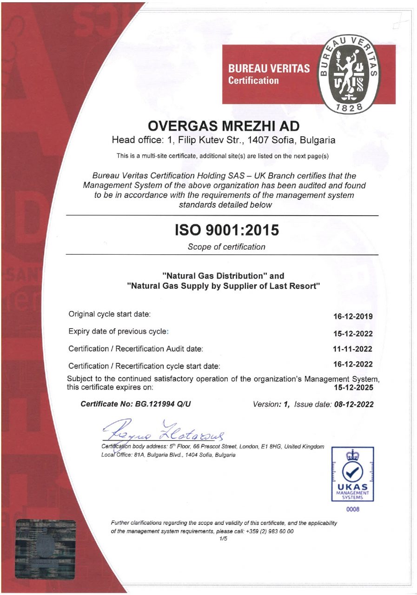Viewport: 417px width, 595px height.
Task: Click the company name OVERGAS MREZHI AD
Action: click(223, 126)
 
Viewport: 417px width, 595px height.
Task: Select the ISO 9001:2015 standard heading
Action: click(227, 230)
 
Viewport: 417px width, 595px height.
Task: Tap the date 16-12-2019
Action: click(353, 317)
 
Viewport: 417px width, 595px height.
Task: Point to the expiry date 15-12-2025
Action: click(353, 387)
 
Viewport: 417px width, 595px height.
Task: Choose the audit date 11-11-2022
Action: click(353, 349)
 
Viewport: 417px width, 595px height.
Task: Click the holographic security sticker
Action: click(45, 549)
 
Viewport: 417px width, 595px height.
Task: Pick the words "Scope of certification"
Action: click(226, 247)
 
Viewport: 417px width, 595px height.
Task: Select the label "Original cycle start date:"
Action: click(110, 314)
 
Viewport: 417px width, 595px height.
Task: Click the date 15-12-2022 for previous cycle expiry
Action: click(353, 333)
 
